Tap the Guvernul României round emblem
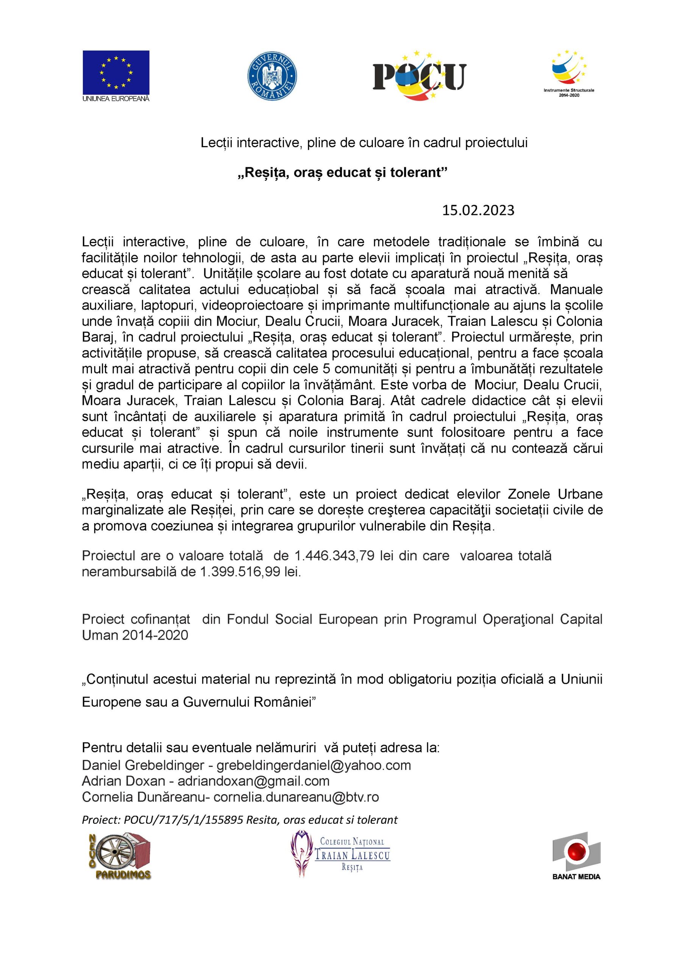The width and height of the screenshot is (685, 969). click(272, 76)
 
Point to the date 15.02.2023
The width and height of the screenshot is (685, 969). click(478, 210)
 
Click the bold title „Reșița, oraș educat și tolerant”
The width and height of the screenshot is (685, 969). click(342, 173)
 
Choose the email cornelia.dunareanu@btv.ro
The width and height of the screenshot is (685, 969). click(296, 797)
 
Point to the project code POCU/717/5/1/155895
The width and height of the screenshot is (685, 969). click(183, 819)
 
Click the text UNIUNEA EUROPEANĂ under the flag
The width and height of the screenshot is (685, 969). click(116, 99)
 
